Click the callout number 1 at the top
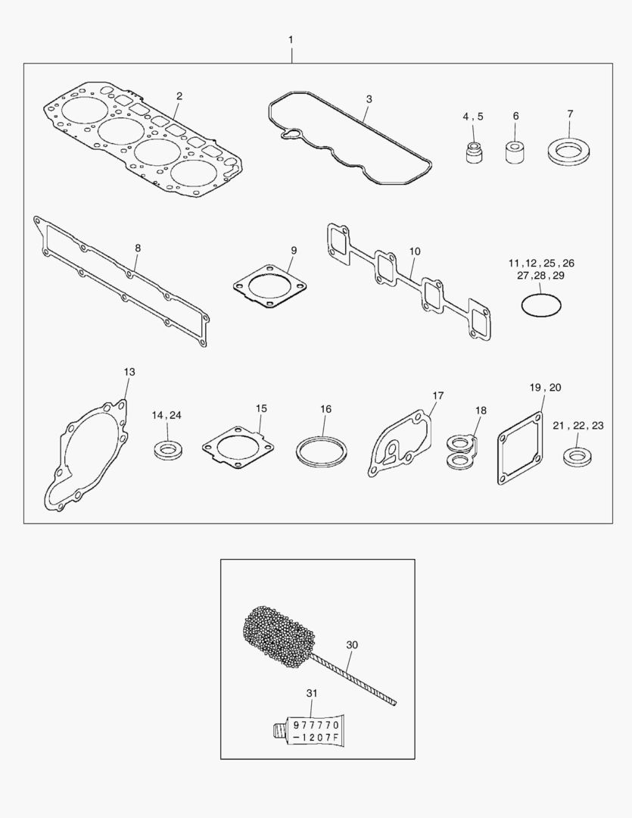coord(291,39)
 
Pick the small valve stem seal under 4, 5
coord(473,151)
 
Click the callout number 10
coord(415,251)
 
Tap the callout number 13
coord(129,372)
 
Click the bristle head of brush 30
coord(279,636)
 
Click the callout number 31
coord(311,693)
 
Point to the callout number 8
coord(138,248)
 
